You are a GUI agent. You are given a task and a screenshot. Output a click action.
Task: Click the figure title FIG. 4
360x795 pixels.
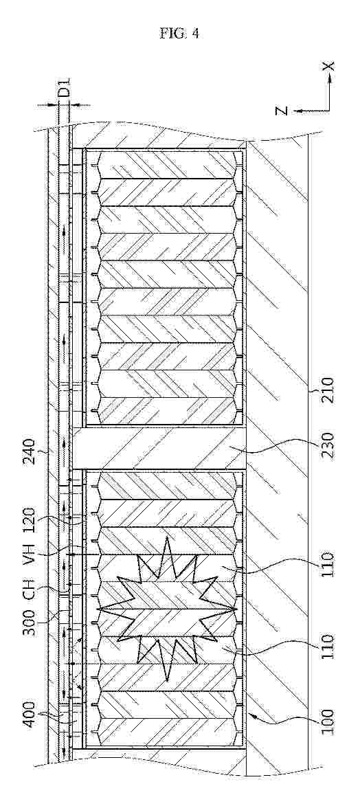(x=179, y=34)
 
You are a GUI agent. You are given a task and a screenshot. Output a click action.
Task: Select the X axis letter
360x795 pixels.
(x=330, y=66)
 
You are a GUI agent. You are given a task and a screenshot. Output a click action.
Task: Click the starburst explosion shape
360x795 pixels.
(x=167, y=608)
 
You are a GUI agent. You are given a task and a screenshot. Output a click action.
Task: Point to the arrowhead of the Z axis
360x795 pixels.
(x=299, y=110)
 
